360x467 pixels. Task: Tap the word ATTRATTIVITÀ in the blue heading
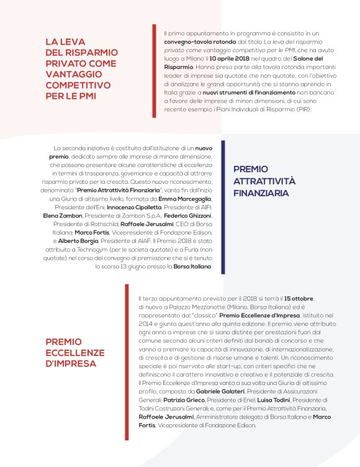(x=264, y=181)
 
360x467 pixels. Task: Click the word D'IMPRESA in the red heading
(x=71, y=363)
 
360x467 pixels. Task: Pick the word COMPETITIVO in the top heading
(x=76, y=85)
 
